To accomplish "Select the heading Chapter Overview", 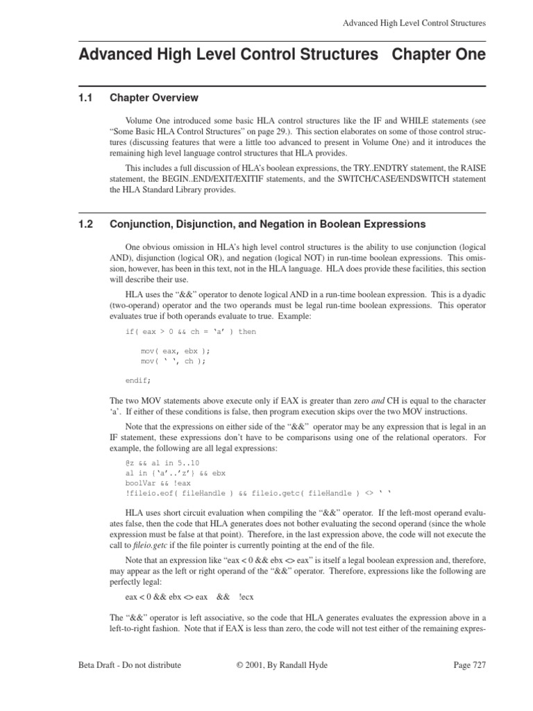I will click(x=154, y=98).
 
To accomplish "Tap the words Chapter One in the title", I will click(x=439, y=54).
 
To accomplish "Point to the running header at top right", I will click(x=414, y=23).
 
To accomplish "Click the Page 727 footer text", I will click(x=469, y=664).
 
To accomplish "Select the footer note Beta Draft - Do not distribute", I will click(x=130, y=664).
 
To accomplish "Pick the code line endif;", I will click(x=137, y=380).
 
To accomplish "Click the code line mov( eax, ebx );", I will click(x=176, y=351).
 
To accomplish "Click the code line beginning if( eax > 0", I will click(x=190, y=332).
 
